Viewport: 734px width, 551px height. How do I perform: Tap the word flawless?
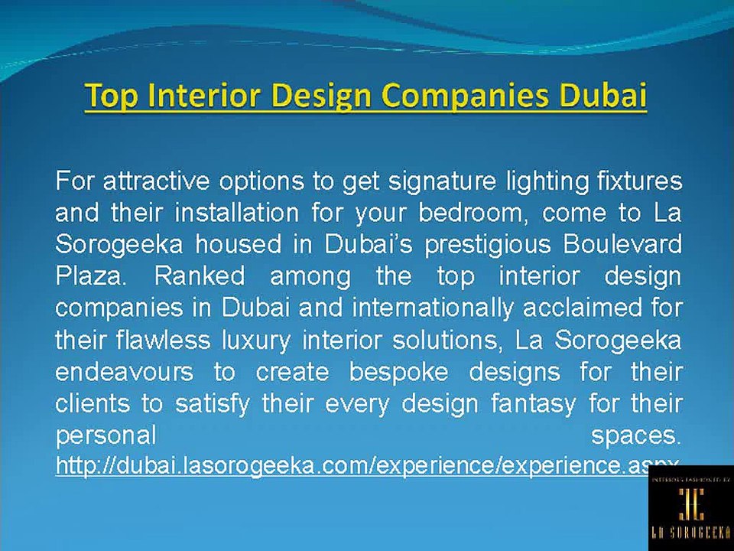click(160, 340)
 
